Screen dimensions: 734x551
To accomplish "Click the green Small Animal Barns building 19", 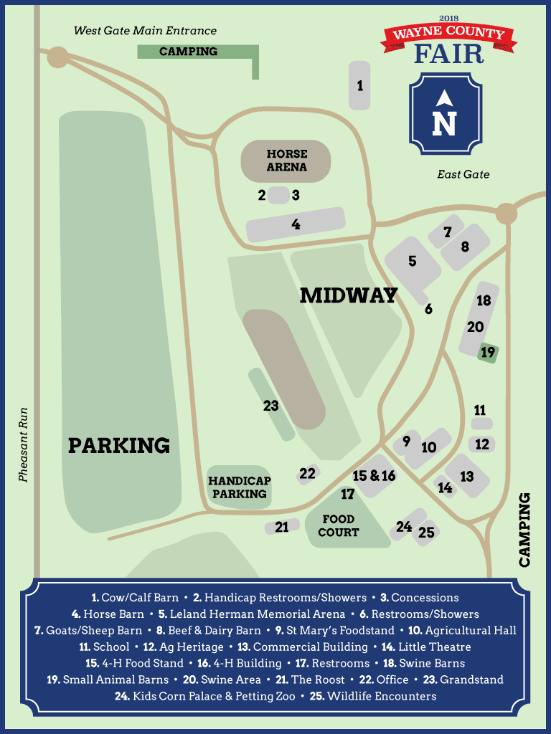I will [x=489, y=353].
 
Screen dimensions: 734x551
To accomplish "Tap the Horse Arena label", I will [x=286, y=161].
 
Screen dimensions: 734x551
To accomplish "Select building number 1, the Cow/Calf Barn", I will [x=360, y=86].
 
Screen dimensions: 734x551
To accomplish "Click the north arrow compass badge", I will [x=444, y=114].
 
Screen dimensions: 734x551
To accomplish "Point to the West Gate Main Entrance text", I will [x=145, y=31].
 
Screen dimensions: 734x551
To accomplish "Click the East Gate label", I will [x=463, y=174].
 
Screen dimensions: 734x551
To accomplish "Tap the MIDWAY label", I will [x=349, y=295].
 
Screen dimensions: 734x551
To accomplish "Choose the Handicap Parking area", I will [x=239, y=488].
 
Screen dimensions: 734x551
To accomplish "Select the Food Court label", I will [x=339, y=525].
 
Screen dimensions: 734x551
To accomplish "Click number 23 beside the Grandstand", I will [x=270, y=406].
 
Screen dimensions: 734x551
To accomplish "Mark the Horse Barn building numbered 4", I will [x=296, y=224].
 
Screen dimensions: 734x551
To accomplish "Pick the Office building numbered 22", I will [x=308, y=474].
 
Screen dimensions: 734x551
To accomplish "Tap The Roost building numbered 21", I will [x=282, y=527].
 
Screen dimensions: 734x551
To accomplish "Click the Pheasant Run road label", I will [x=24, y=444].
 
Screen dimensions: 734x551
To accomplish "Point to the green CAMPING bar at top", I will [x=189, y=52].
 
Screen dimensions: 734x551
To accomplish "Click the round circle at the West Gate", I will [x=57, y=57].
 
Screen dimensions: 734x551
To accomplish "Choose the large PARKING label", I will [x=119, y=445].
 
